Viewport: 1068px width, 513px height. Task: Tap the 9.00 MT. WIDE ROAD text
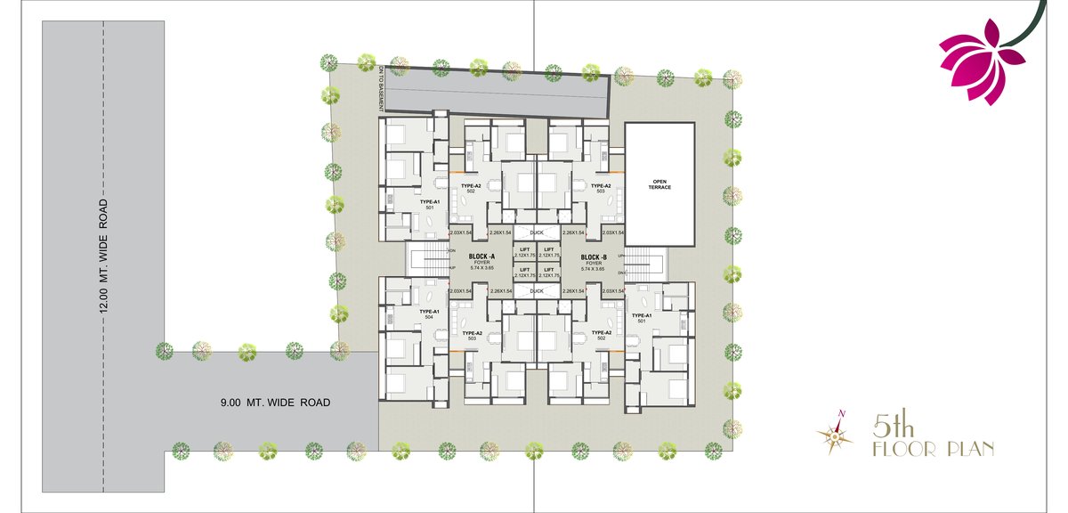(275, 403)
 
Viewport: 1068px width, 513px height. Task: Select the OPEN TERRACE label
(659, 184)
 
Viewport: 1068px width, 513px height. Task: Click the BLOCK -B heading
(593, 256)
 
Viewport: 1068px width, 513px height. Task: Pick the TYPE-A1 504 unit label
(429, 314)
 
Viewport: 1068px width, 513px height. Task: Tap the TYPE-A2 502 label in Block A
(471, 189)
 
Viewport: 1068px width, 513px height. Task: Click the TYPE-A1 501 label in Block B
(642, 319)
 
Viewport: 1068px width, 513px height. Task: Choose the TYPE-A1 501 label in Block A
(429, 205)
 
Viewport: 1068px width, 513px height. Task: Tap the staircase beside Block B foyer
(645, 265)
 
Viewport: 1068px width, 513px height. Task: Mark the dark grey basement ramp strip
(495, 94)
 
